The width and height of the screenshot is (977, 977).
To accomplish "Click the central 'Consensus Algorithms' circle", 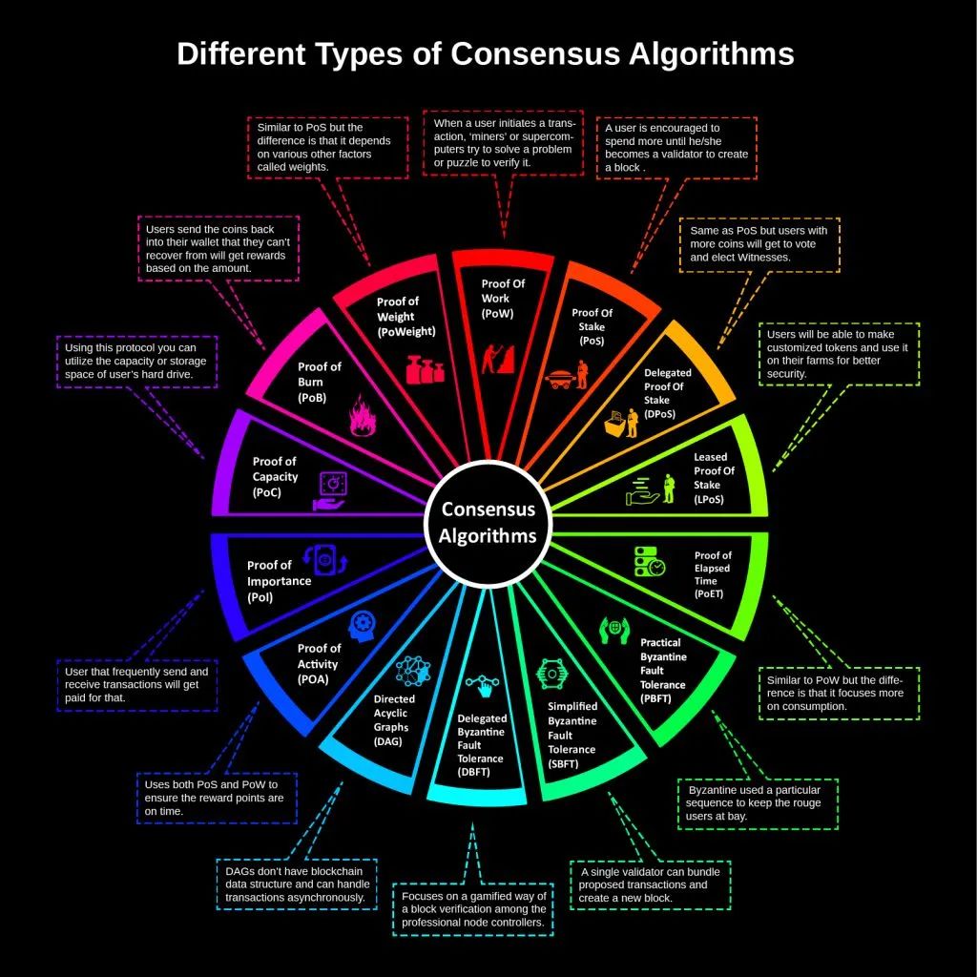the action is click(x=488, y=524).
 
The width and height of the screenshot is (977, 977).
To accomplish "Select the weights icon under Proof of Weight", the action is click(x=425, y=369).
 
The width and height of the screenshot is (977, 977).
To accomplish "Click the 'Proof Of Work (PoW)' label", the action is click(x=502, y=299).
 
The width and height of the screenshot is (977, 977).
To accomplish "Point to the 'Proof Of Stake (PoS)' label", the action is click(x=592, y=326).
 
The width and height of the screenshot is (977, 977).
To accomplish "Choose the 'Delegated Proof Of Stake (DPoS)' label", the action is click(x=667, y=393).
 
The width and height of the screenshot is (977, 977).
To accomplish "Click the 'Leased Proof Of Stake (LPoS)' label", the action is click(x=714, y=478).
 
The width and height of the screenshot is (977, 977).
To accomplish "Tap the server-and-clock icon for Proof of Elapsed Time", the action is click(x=649, y=561).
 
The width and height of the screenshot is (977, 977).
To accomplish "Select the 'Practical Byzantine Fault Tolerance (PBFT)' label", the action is click(x=663, y=671).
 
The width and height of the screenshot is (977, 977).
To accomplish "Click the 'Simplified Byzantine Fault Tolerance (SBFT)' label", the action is click(x=572, y=736).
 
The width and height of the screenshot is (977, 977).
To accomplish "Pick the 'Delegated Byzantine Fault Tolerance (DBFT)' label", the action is click(x=482, y=745).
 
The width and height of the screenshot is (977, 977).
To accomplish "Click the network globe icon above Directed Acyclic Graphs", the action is click(x=413, y=671).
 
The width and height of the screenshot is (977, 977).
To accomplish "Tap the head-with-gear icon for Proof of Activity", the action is click(x=362, y=626).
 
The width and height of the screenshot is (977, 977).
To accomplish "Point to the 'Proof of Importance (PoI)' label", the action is click(x=279, y=581).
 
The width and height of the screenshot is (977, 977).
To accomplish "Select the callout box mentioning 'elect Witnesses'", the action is click(x=759, y=245).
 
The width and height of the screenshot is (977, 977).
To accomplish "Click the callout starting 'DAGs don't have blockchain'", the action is click(x=297, y=884).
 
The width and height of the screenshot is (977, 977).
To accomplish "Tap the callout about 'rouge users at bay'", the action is click(x=758, y=803).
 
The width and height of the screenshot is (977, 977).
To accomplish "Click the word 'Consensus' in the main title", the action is click(x=535, y=53).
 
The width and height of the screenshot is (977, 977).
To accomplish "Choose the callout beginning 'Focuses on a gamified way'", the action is click(x=473, y=909).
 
